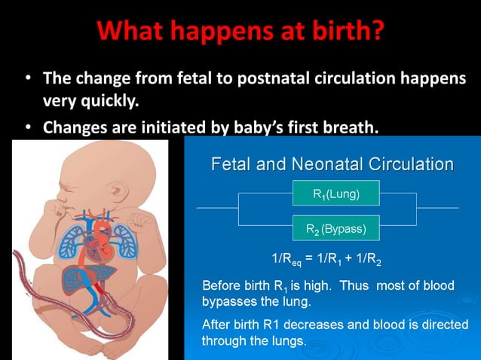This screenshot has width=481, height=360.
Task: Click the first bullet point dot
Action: coord(27,78)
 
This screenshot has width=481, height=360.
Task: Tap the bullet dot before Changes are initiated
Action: coord(27,127)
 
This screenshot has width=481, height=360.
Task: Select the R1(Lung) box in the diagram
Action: coord(335,194)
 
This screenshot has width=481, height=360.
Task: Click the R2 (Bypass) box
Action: coord(335,228)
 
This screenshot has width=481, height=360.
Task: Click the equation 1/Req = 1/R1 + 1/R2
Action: coord(326,261)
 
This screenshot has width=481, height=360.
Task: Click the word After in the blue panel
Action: coord(217,325)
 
